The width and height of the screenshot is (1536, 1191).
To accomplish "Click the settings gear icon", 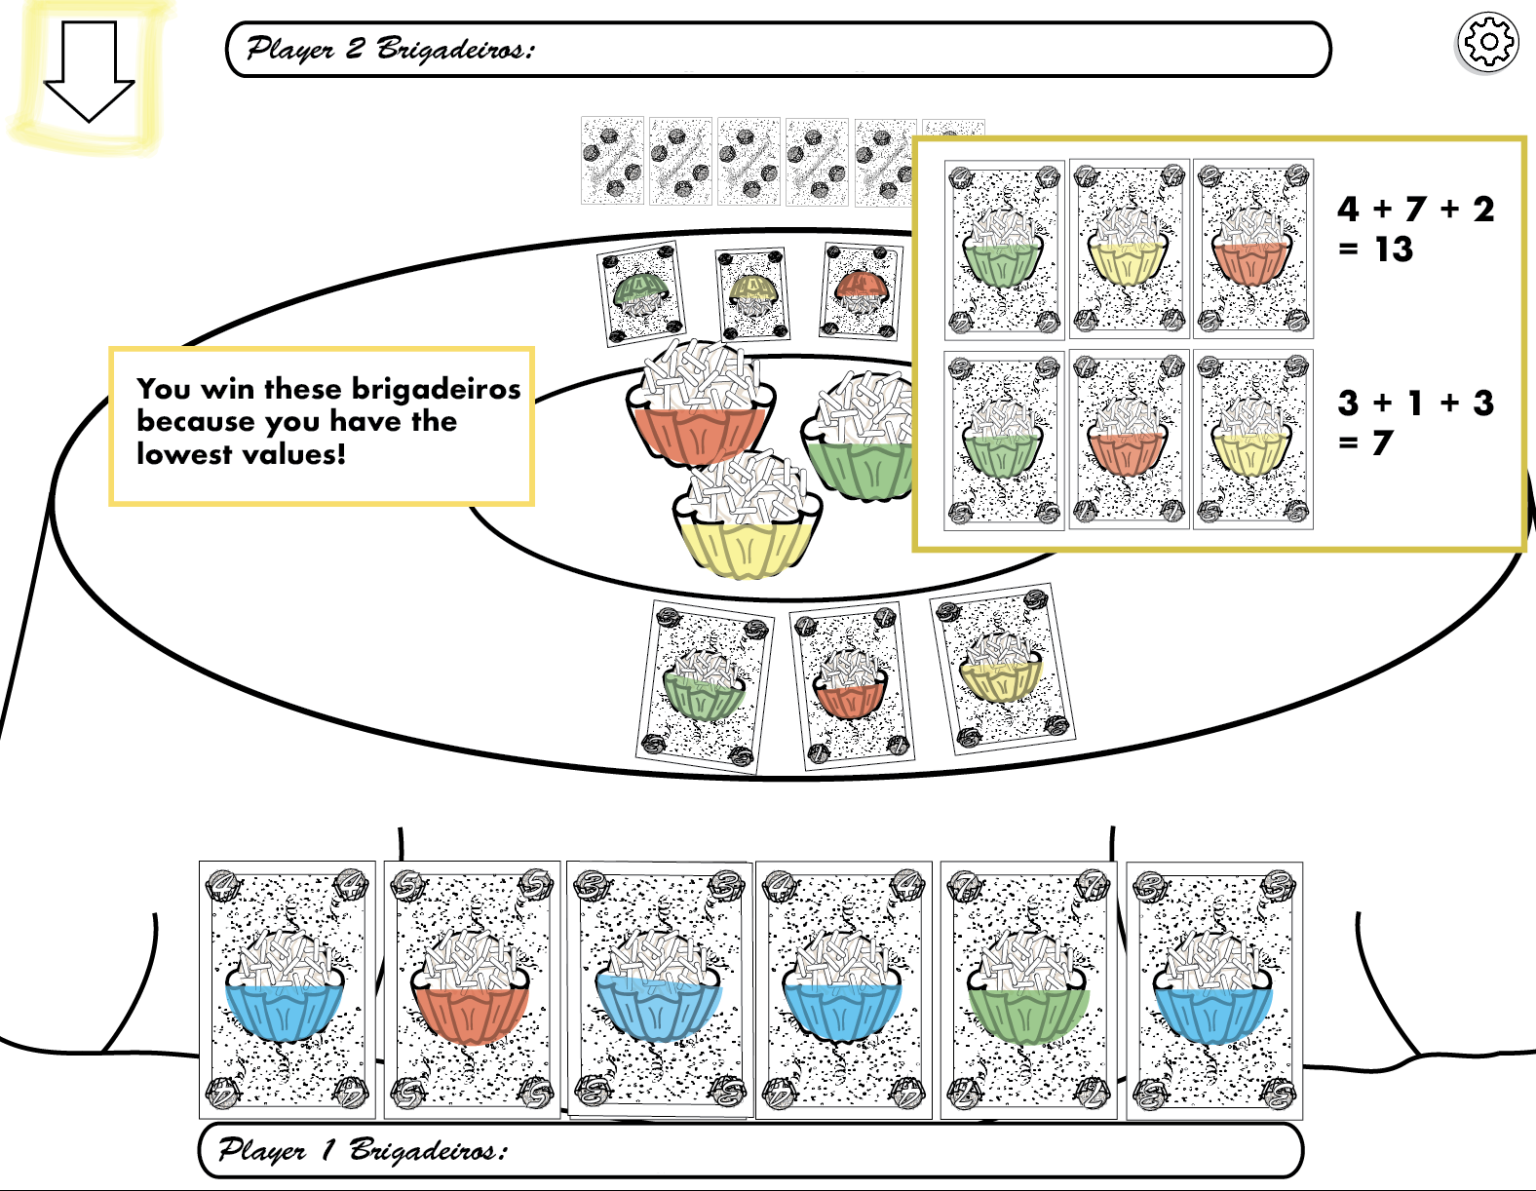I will point(1487,43).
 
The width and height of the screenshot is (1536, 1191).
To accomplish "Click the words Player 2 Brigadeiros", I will point(390,49).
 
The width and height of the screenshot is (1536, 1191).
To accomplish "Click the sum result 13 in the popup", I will point(1394,250).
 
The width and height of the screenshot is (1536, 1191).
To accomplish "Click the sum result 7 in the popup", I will point(1382,443).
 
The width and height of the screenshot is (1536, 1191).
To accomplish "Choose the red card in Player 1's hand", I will point(472,989).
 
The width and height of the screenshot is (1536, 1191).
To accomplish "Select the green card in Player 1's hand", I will point(1028,989).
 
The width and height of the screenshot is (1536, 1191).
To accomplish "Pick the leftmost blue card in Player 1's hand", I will point(287,989).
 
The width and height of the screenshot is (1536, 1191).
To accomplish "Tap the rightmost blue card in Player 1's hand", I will point(1214,989).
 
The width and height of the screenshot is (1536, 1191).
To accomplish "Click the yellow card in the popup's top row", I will point(1129,249).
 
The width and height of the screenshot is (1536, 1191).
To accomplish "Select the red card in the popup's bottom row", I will point(1129,440).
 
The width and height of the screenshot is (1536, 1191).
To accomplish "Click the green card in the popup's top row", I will point(1004,250).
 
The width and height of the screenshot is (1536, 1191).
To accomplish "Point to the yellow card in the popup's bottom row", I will point(1252,440).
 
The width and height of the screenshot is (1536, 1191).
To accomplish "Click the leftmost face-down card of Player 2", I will point(612,161).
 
